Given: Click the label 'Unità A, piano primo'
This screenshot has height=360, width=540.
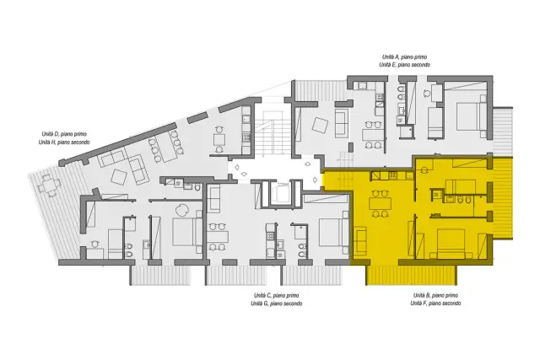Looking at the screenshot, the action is click(404, 56).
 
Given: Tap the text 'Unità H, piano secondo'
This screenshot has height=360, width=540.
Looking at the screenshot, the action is click(64, 142).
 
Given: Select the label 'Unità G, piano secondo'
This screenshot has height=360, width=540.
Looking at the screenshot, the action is click(277, 304).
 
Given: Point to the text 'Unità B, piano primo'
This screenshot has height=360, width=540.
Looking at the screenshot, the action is click(435, 295).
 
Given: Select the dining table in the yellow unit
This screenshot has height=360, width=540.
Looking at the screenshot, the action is click(380, 204).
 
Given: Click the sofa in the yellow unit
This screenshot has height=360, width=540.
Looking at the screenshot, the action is click(360, 241).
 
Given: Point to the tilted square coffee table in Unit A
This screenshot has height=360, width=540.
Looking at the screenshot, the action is click(321, 126).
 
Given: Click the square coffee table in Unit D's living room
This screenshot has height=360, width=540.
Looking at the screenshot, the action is click(119, 177).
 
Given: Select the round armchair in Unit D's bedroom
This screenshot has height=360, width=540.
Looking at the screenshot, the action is click(181, 210).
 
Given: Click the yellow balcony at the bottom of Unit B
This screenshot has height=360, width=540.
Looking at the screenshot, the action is click(411, 275).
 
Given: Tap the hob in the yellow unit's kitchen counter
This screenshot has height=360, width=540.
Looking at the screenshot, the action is click(392, 176).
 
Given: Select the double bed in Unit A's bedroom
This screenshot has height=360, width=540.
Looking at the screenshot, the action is click(472, 116).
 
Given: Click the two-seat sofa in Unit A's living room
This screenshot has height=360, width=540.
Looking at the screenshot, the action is click(342, 123).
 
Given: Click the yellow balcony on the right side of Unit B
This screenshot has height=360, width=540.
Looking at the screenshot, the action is click(503, 198).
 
